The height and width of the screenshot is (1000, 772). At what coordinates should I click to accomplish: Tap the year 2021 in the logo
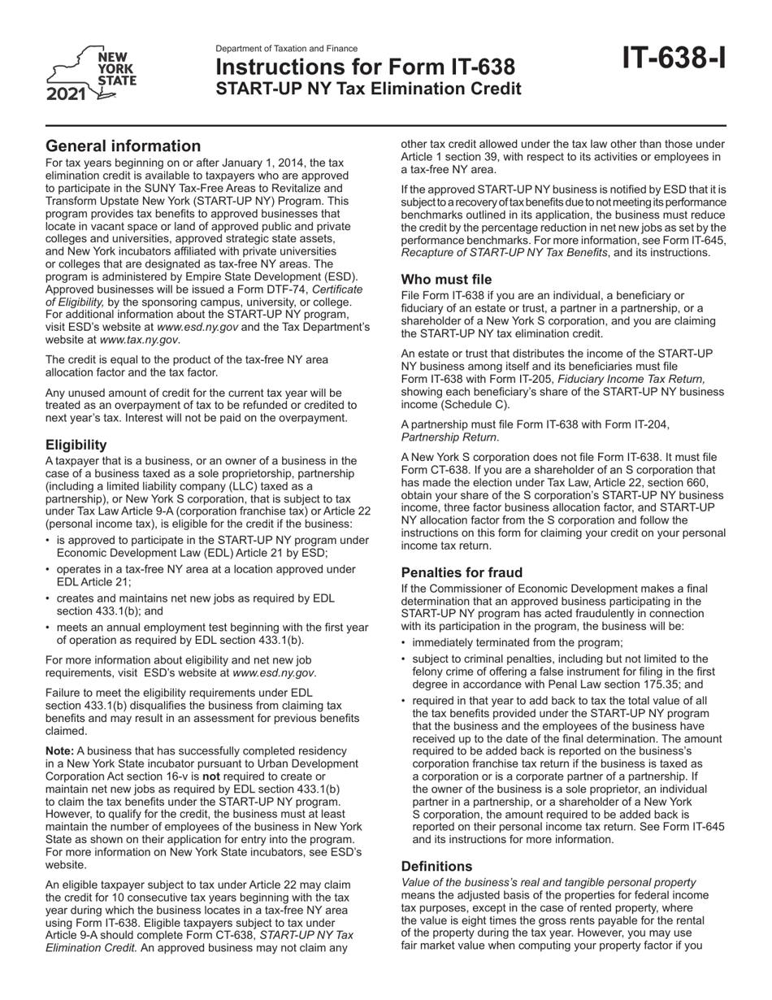click(x=67, y=94)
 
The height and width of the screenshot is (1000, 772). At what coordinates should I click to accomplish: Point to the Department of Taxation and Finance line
click(x=286, y=49)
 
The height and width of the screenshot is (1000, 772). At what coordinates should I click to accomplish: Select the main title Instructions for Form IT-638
click(x=365, y=67)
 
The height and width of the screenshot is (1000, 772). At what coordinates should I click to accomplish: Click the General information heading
click(x=123, y=146)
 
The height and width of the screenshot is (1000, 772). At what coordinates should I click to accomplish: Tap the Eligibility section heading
click(x=76, y=445)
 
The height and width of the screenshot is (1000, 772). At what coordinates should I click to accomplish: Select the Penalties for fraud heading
click(x=462, y=572)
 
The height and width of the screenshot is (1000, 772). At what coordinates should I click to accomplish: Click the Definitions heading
click(x=436, y=866)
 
